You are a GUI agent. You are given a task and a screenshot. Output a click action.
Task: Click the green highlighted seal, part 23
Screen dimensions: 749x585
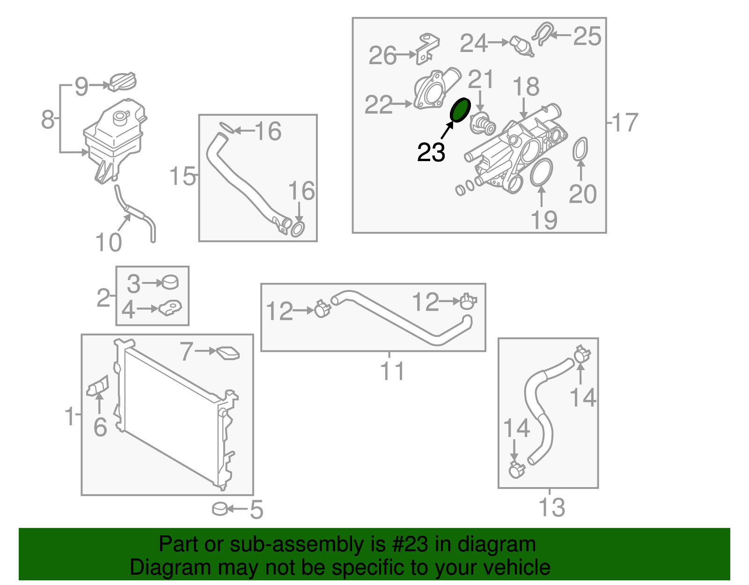[460, 110]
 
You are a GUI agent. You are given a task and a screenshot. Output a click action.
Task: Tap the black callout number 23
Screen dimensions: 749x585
[431, 152]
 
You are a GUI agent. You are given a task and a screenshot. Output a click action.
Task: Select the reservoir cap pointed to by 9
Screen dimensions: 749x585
[122, 82]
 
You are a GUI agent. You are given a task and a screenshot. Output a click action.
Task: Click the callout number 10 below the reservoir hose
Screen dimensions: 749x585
[108, 242]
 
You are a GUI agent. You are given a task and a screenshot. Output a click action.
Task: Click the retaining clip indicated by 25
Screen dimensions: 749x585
[543, 33]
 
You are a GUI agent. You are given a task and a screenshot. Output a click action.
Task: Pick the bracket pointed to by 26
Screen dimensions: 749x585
[427, 49]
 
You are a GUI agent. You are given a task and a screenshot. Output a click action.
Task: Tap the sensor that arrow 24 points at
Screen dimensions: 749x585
[522, 46]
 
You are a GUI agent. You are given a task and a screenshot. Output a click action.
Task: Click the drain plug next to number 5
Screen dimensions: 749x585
[220, 509]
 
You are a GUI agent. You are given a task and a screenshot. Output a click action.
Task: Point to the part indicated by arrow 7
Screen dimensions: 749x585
[228, 353]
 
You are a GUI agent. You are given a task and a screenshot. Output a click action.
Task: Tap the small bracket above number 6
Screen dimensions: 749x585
[97, 386]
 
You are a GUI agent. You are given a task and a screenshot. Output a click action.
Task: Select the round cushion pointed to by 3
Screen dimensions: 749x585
[170, 282]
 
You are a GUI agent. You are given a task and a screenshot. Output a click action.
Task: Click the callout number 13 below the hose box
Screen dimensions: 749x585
[551, 507]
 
